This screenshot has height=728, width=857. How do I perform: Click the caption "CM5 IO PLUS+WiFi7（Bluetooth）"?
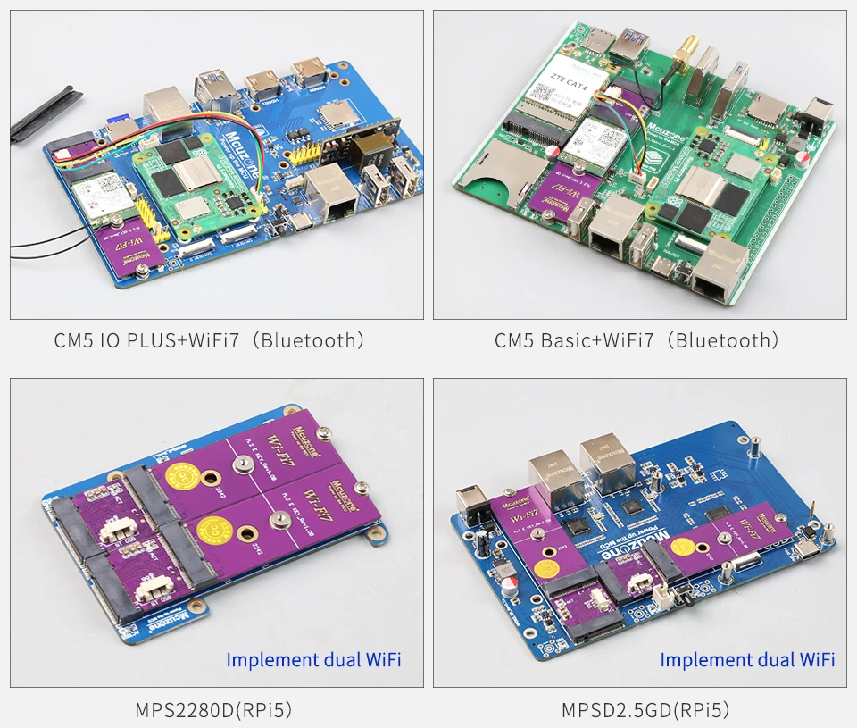click(x=210, y=340)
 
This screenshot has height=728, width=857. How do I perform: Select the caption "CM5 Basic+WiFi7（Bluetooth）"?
click(x=637, y=340)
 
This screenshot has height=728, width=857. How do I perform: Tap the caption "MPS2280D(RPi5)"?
click(x=214, y=711)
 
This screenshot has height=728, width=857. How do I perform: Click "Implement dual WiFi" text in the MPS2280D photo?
click(x=313, y=660)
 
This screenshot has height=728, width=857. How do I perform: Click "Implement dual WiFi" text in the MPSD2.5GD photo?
click(x=747, y=660)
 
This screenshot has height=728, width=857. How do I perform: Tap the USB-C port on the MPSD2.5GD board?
click(x=806, y=548)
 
